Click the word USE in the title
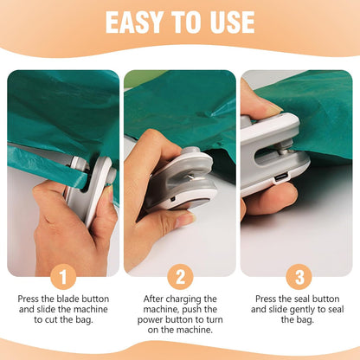(x=228, y=22)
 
